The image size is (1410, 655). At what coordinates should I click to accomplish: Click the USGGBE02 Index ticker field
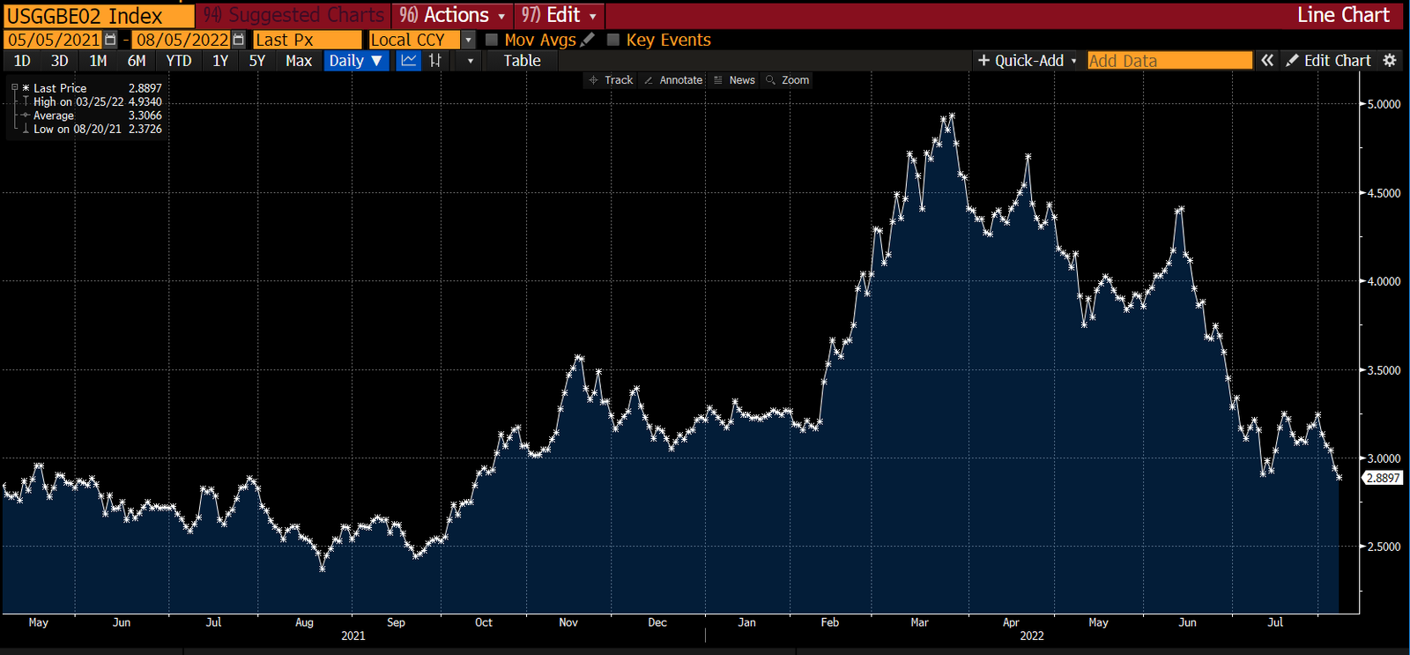pos(97,16)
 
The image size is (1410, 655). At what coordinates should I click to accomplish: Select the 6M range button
pos(137,61)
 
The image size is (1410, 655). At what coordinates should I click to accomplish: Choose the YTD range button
pos(179,61)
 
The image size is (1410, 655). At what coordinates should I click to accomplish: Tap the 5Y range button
pos(257,61)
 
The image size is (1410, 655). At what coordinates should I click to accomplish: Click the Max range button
pos(299,61)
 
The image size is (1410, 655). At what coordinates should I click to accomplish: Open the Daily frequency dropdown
pos(355,61)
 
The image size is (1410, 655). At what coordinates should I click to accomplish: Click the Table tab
pos(522,61)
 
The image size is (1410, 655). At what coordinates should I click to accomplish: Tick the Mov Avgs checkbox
pos(492,40)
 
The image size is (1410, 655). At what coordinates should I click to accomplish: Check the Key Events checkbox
pos(613,40)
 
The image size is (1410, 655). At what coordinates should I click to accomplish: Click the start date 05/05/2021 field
pos(54,40)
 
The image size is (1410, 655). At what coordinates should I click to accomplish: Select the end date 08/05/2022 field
pos(182,40)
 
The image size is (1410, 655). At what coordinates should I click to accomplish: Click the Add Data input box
pos(1169,61)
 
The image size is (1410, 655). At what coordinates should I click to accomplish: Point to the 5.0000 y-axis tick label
pos(1384,104)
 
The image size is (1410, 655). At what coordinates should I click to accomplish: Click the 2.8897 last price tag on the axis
pos(1383,478)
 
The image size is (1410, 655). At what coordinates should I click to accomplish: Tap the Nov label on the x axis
pos(568,622)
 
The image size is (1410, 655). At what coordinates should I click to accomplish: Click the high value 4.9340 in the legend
pos(145,102)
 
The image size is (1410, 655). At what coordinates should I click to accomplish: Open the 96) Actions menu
pos(452,16)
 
